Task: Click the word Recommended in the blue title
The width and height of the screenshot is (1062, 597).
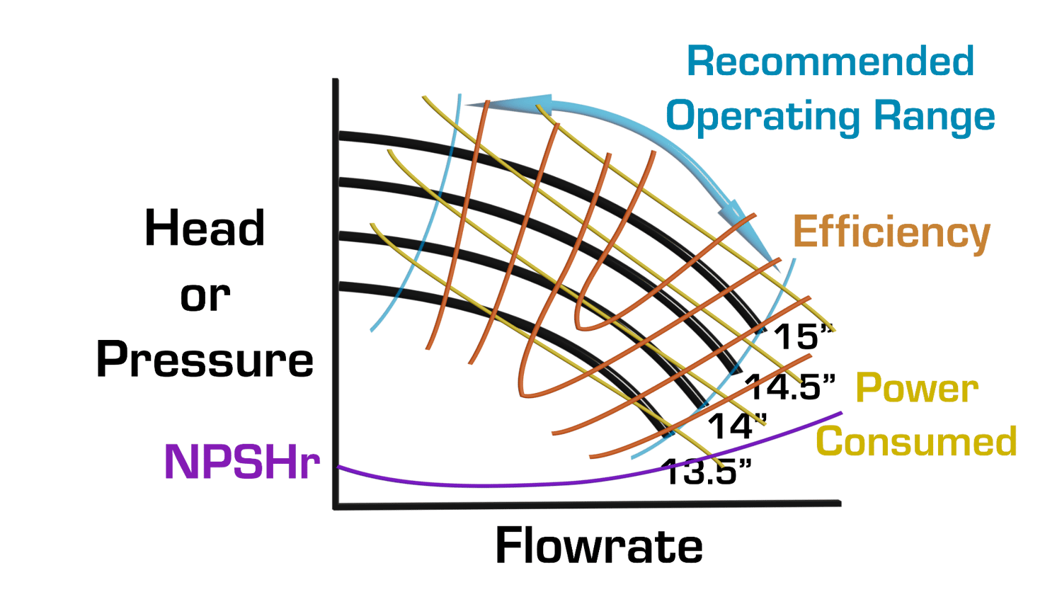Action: click(x=830, y=62)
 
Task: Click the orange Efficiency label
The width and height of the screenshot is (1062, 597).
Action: click(x=892, y=233)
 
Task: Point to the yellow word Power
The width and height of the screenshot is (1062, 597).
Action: click(x=917, y=388)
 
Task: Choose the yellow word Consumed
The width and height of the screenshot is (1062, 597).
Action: click(x=916, y=441)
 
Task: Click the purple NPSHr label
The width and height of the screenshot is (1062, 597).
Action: click(x=242, y=462)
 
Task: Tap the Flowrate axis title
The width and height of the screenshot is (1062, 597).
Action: click(x=599, y=546)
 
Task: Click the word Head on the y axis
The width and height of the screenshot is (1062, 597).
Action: click(x=205, y=228)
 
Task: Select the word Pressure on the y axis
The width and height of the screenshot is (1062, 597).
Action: click(x=205, y=360)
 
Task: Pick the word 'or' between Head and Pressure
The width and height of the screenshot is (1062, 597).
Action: click(x=205, y=297)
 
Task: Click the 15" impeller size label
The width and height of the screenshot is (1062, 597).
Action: click(x=803, y=337)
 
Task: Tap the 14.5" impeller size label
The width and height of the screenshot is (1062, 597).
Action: click(x=789, y=387)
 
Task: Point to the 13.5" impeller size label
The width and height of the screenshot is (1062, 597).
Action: click(x=707, y=472)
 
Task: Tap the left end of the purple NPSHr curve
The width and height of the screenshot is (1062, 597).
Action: click(x=338, y=467)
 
